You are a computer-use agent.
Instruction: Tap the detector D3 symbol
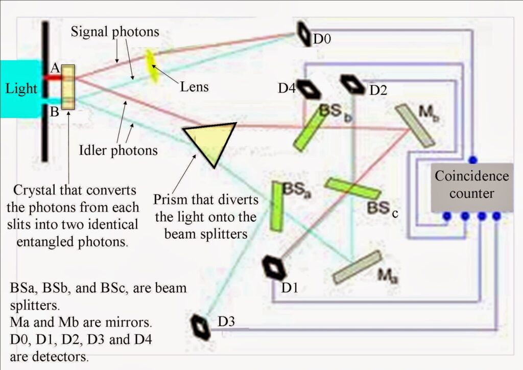point(200,328)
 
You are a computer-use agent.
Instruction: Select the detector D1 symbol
point(274,268)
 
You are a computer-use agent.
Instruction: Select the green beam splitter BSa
point(277,206)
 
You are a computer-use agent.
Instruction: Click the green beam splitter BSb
point(309,129)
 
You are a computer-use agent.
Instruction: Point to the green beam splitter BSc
point(352,189)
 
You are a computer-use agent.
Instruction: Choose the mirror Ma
point(357,267)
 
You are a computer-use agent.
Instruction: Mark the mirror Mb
point(415,125)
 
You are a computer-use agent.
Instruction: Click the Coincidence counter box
point(471,188)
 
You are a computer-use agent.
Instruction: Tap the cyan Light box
point(20,88)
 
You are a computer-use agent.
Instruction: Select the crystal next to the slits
point(68,87)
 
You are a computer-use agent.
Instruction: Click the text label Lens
point(194,86)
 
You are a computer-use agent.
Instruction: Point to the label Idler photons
point(118,151)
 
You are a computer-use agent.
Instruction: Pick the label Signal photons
point(115,32)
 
